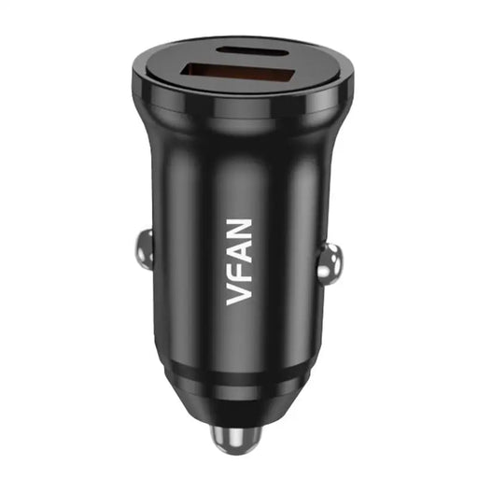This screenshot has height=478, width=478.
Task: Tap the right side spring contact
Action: tap(328, 261)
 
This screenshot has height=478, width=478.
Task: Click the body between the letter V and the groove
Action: tap(239, 336)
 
